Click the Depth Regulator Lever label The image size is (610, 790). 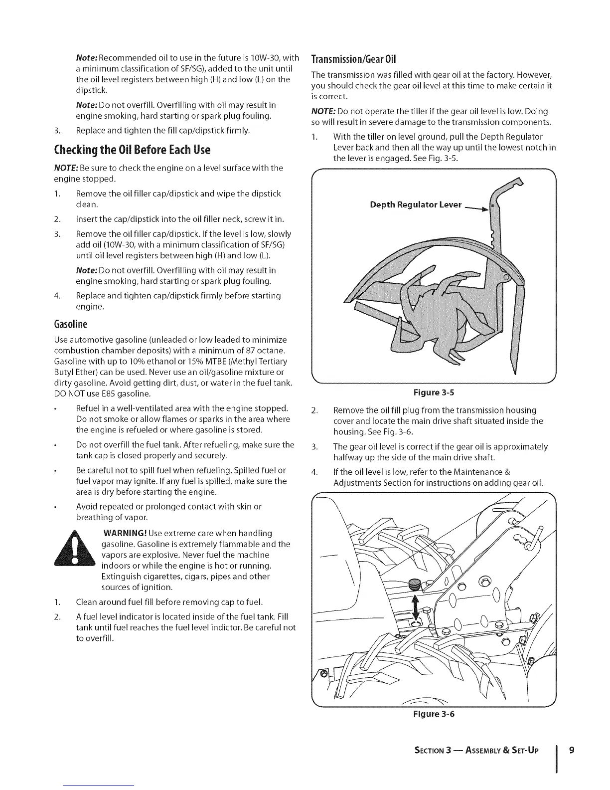click(416, 205)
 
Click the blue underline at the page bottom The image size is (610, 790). click(99, 786)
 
